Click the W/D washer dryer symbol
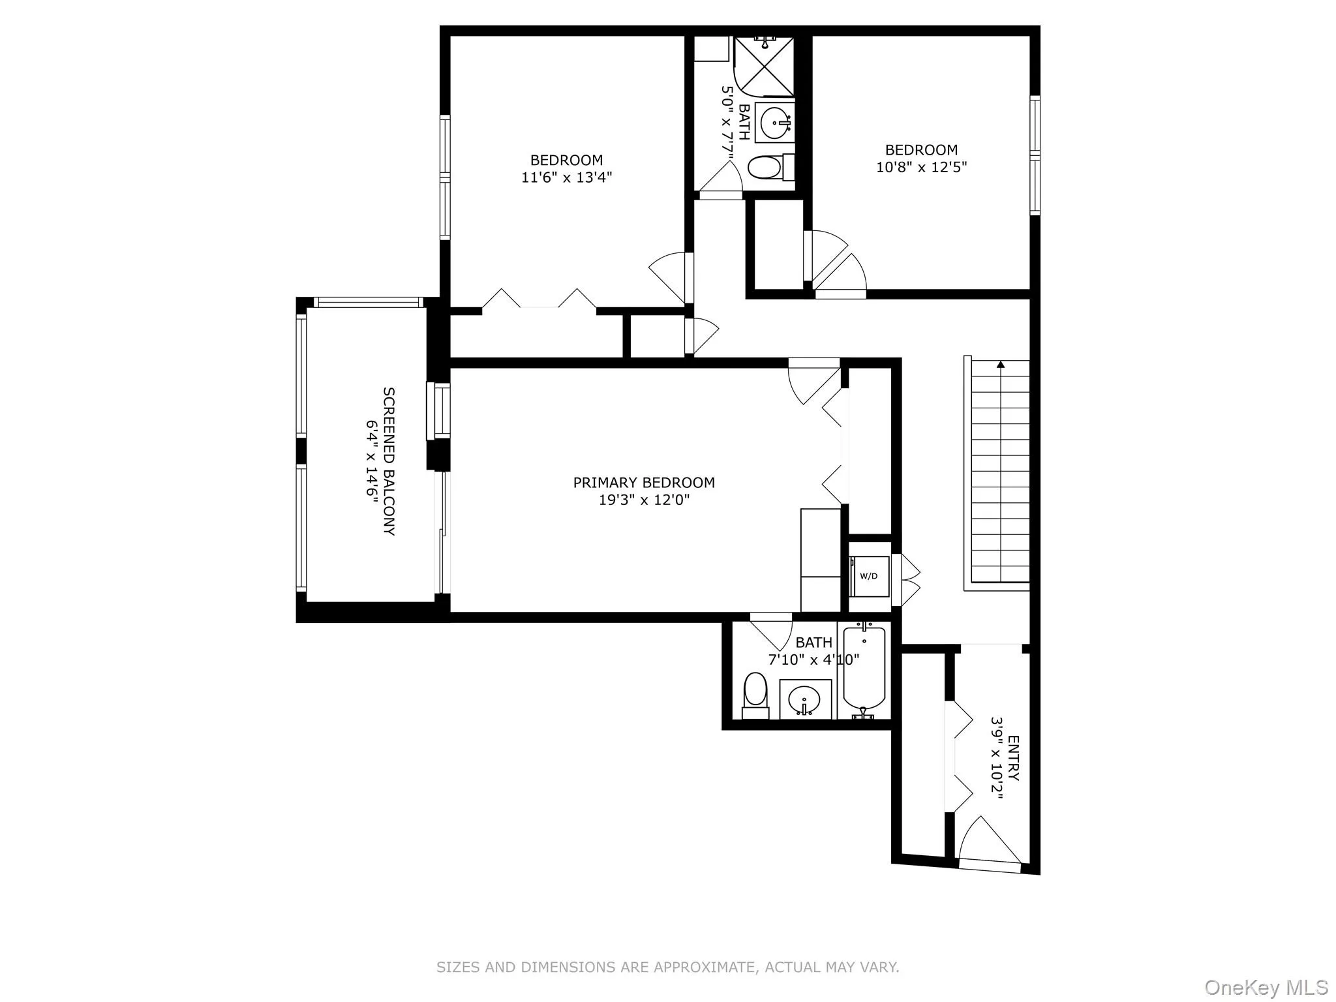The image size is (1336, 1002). pyautogui.click(x=869, y=576)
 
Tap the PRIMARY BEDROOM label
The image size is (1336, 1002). pyautogui.click(x=644, y=483)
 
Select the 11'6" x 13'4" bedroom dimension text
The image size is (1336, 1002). pyautogui.click(x=566, y=177)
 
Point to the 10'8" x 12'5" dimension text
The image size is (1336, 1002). pyautogui.click(x=921, y=166)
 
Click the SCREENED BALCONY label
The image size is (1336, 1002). pyautogui.click(x=388, y=461)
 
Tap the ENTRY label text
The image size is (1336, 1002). pyautogui.click(x=1013, y=758)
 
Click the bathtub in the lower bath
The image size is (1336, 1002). pyautogui.click(x=864, y=670)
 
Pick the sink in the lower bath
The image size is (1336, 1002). pyautogui.click(x=806, y=699)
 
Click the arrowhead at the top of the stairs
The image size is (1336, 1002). pyautogui.click(x=1000, y=365)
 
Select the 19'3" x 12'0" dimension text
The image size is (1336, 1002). pyautogui.click(x=644, y=500)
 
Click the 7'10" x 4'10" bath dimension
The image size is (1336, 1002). pyautogui.click(x=813, y=660)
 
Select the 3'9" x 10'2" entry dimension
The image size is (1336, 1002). pyautogui.click(x=996, y=758)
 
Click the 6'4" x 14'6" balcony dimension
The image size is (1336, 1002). pyautogui.click(x=371, y=461)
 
